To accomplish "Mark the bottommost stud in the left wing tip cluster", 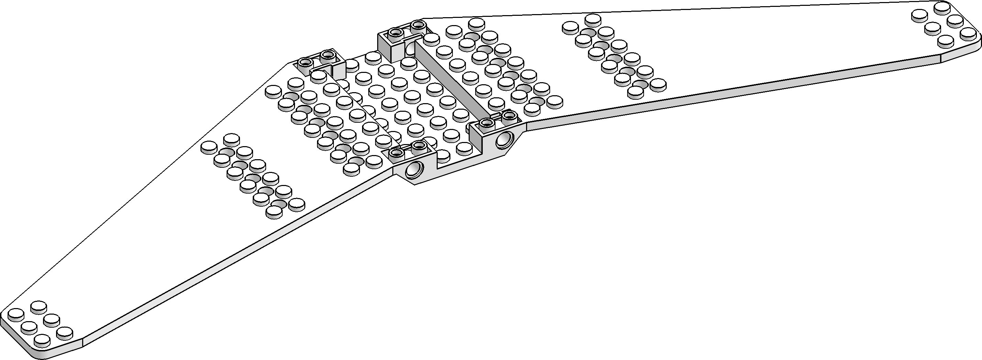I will click(x=42, y=340).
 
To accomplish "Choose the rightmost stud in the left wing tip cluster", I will click(x=64, y=332).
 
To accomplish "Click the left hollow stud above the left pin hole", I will click(x=397, y=153).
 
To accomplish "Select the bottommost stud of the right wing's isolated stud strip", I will click(x=635, y=91).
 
